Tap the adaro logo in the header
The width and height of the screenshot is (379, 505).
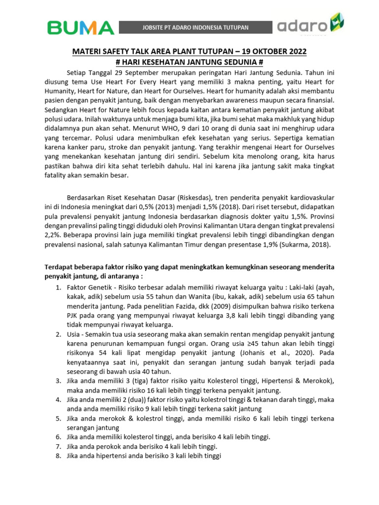click(x=310, y=26)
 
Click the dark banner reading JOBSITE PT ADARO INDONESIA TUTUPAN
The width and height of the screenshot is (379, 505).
click(x=196, y=27)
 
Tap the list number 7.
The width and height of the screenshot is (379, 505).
click(x=58, y=446)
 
